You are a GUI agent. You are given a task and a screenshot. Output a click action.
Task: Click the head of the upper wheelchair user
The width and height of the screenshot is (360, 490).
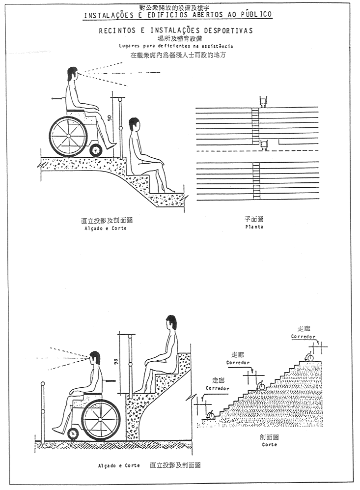coord(72,75)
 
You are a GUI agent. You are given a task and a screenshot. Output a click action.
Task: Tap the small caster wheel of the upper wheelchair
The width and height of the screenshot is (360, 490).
coord(95,149)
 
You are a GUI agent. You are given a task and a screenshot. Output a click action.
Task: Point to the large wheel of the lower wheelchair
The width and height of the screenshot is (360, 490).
coord(100,419)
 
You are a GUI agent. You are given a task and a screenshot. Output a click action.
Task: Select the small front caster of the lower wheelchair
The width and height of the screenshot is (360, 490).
coord(73,434)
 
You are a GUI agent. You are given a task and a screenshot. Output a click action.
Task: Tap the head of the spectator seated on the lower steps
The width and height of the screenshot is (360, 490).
coord(170,324)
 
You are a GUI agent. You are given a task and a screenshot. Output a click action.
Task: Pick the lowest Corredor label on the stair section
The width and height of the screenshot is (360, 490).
coord(217,388)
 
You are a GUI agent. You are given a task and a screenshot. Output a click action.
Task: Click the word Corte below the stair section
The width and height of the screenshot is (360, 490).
coord(269,444)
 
